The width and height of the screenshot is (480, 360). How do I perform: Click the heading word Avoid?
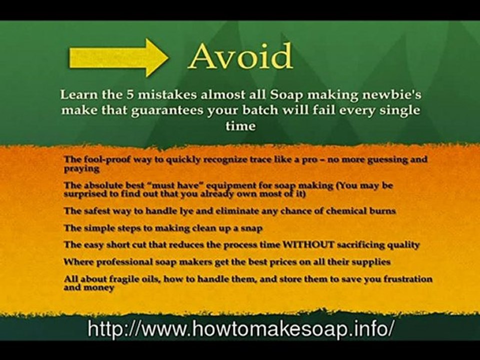(240, 56)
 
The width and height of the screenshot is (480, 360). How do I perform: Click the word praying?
(80, 169)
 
